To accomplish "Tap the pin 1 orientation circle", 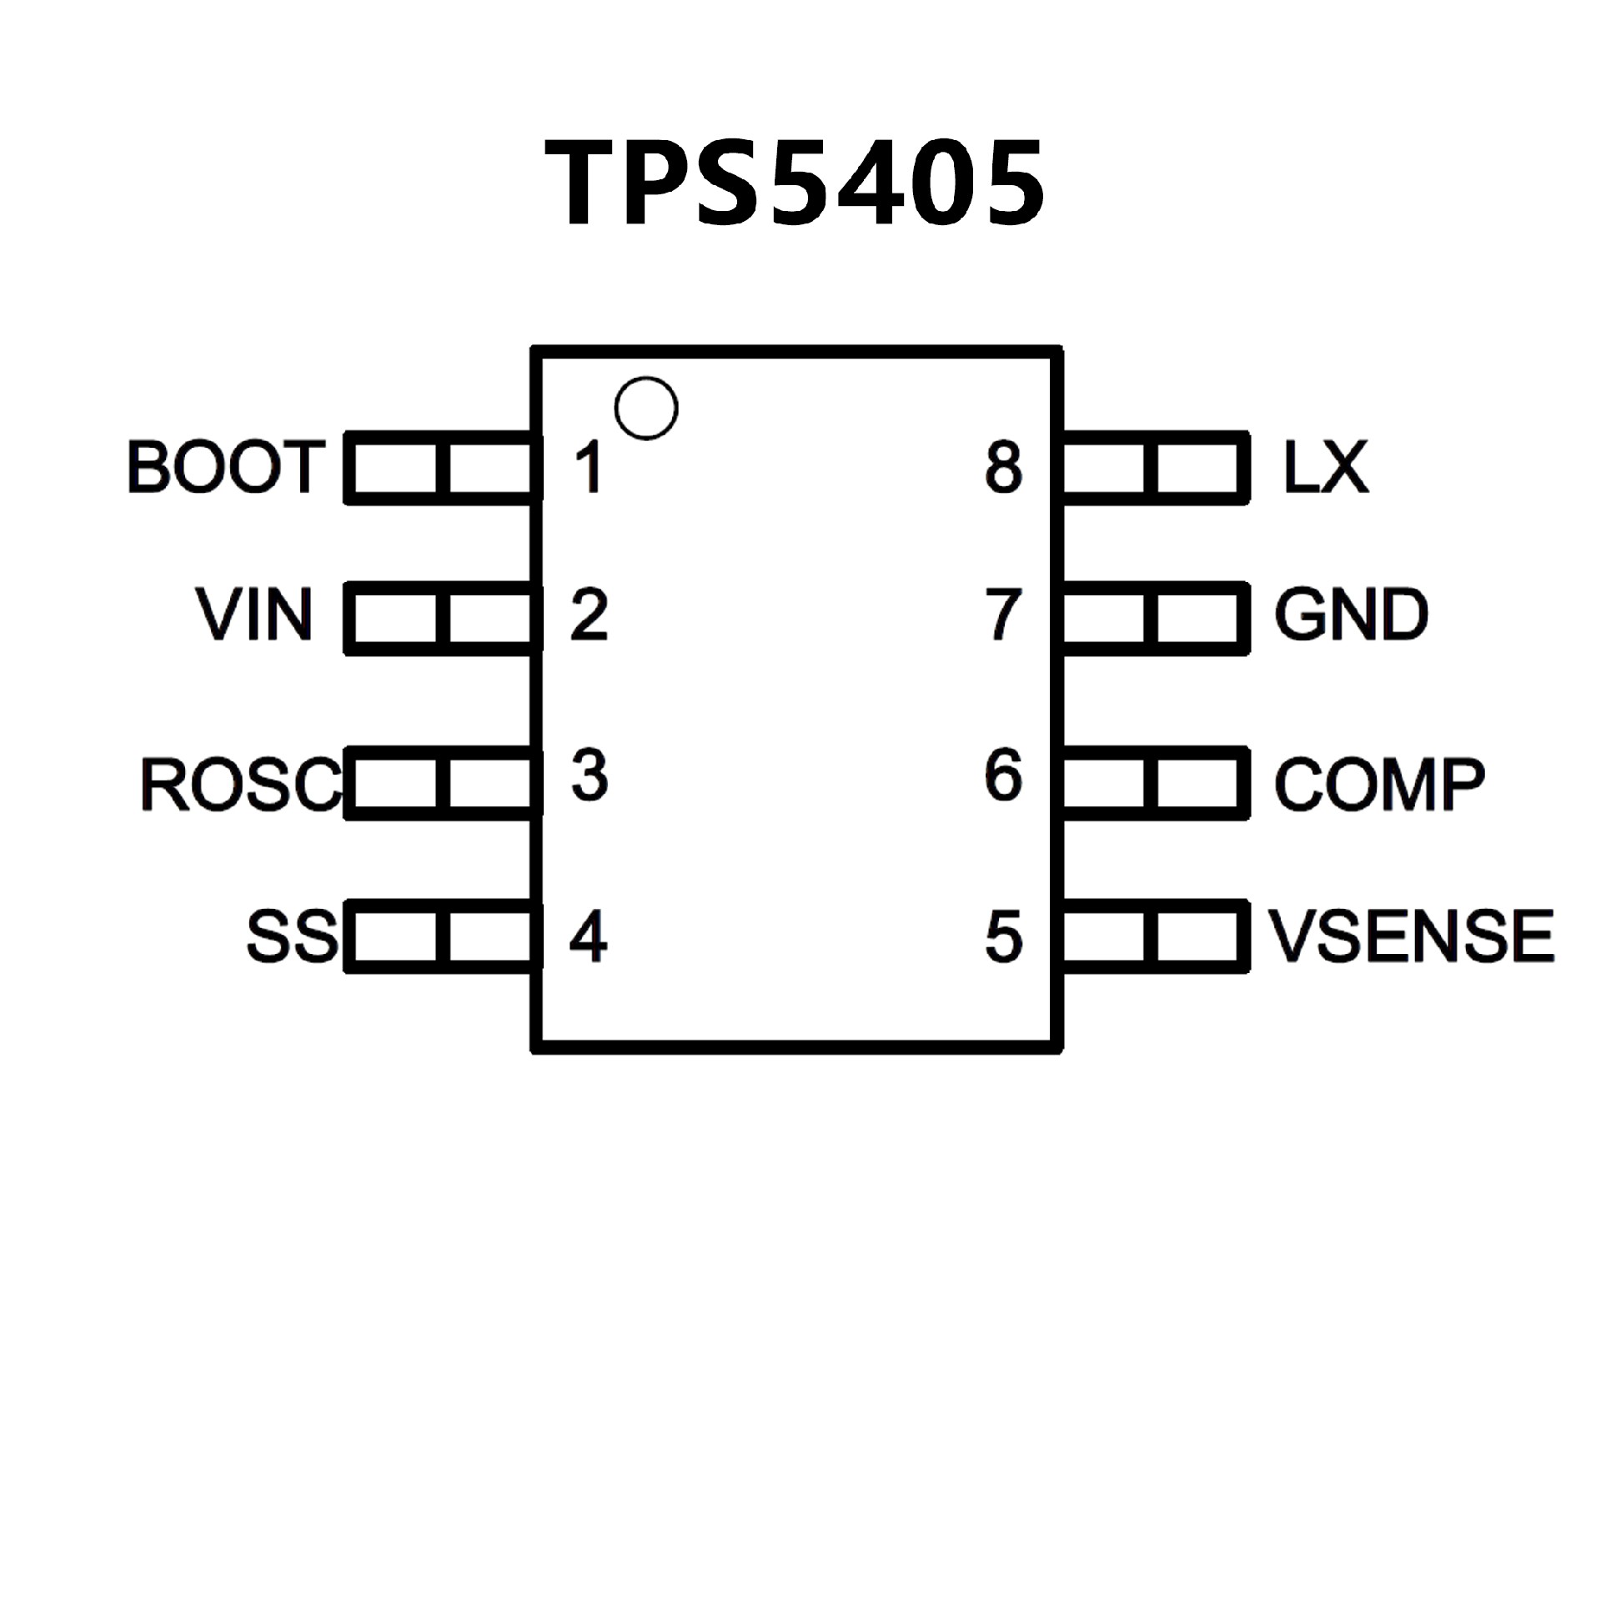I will coord(646,408).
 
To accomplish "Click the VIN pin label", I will coord(254,615).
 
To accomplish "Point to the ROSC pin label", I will coord(241,784).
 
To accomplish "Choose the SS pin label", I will coord(292,936).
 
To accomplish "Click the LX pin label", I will coord(1326,467).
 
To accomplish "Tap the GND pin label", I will coord(1352,615).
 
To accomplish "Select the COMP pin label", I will coord(1380,784).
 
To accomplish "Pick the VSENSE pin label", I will coord(1412,936).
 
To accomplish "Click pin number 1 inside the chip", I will coord(589,467).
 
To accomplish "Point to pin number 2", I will coord(589,615).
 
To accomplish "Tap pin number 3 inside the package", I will coord(589,775).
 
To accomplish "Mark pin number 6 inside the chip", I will coord(1004,775).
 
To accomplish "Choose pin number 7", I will coord(1004,615).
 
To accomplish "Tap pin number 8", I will coord(1004,467).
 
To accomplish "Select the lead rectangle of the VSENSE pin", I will coord(1155,936).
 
